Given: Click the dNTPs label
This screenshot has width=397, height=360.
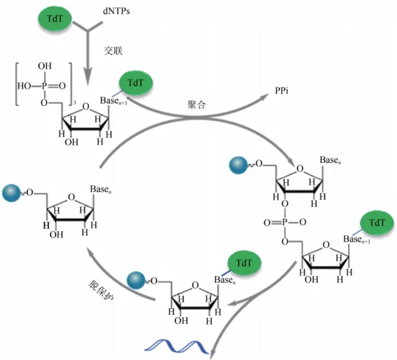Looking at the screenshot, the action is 116,11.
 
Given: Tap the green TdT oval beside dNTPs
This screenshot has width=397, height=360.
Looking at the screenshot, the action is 55,19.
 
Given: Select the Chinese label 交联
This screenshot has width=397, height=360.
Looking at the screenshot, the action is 113,51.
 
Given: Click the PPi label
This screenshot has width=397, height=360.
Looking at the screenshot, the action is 282,90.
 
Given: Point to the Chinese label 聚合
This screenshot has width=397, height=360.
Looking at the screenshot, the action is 197,104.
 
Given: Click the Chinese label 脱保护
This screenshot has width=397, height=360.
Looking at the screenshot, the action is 101,290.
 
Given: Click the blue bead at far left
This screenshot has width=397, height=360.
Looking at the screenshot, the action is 11,193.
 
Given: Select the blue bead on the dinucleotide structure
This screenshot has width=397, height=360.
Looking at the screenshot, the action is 238,165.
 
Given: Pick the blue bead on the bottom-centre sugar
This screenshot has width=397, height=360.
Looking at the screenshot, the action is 136,281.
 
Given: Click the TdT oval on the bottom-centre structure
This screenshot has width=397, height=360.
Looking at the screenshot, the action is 245,263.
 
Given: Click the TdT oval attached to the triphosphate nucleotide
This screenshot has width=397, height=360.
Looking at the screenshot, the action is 136,83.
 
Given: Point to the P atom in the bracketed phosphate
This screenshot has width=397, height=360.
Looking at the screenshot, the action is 45,86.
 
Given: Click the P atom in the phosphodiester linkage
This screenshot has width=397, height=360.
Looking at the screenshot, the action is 285,222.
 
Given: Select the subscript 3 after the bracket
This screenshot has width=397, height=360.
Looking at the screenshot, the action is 74,103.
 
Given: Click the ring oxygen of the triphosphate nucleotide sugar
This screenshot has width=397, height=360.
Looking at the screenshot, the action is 86,107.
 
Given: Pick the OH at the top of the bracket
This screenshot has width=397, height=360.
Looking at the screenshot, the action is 45,66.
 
